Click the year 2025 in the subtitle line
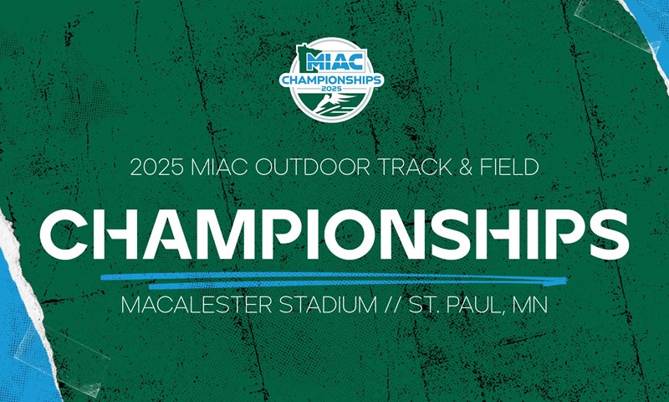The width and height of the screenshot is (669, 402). (156, 167)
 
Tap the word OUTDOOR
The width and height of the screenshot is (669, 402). (312, 167)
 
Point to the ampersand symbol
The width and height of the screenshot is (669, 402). (467, 167)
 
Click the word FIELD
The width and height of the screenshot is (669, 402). (509, 167)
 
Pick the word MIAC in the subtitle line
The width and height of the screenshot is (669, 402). (219, 167)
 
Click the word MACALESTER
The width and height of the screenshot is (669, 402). (197, 306)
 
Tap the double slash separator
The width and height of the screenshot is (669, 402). (393, 306)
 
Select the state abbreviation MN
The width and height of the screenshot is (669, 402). (530, 306)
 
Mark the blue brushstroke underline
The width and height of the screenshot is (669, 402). (334, 280)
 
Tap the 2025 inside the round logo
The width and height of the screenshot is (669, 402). (332, 89)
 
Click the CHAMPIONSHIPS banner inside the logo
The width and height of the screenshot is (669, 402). (332, 80)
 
